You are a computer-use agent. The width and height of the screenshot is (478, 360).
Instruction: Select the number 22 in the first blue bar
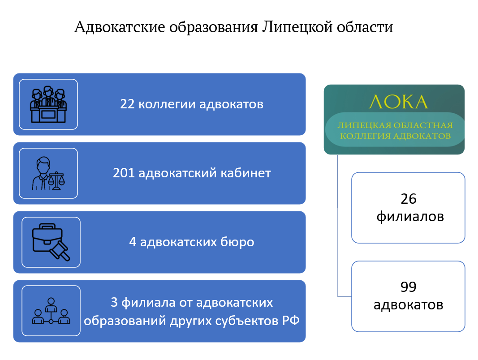tap(127, 104)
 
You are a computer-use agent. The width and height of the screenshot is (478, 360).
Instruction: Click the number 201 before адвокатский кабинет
tap(124, 173)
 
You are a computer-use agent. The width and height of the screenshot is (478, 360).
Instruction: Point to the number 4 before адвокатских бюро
tap(133, 242)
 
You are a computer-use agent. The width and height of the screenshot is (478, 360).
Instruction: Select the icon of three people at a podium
tap(48, 105)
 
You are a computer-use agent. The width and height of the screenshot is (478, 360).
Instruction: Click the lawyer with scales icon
tap(48, 173)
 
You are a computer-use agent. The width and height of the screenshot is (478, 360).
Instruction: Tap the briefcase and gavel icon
tap(51, 242)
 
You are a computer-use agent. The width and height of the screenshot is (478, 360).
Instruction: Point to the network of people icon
tap(51, 311)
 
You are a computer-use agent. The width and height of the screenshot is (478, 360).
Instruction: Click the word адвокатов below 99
tap(408, 305)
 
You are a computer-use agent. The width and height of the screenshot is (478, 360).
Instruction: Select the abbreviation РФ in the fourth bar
tap(290, 321)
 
